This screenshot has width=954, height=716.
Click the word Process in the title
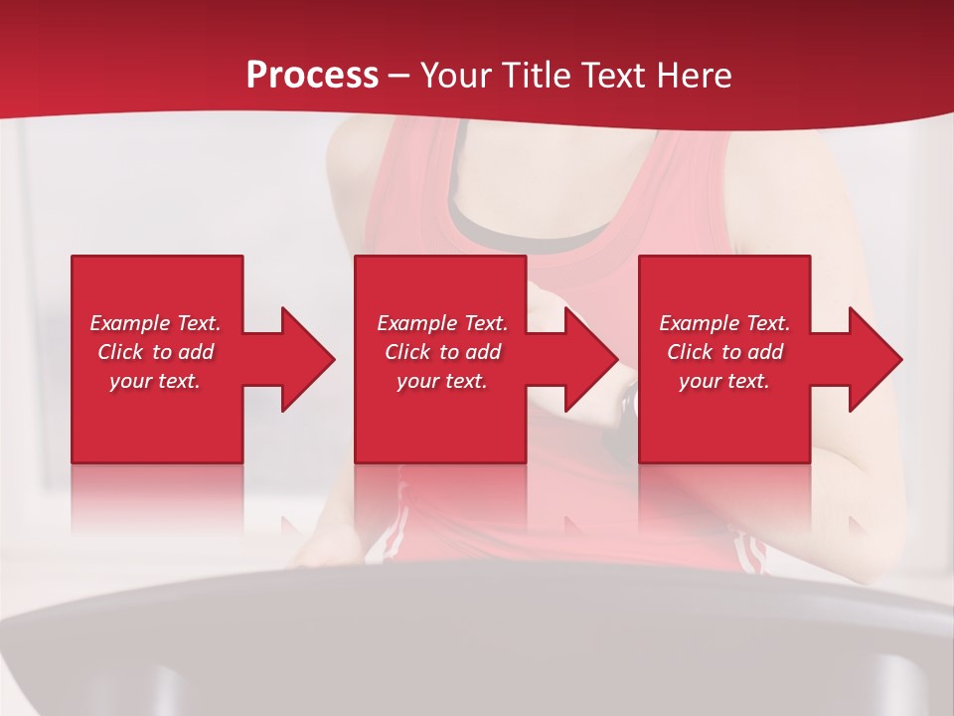click(312, 76)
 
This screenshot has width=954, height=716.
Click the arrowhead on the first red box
click(304, 359)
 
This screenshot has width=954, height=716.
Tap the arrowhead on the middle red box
click(588, 359)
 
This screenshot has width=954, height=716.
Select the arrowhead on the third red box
click(873, 359)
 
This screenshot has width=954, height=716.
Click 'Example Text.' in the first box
click(155, 323)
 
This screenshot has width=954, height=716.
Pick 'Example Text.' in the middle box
click(442, 323)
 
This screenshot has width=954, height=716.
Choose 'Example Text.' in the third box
click(724, 323)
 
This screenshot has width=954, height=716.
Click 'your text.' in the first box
click(155, 381)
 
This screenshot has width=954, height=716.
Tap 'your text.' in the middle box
click(442, 381)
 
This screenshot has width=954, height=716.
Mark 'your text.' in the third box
click(724, 381)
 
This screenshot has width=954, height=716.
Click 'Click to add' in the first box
click(155, 352)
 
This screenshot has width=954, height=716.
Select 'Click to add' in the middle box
click(442, 352)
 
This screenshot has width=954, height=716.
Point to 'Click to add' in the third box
click(724, 352)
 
